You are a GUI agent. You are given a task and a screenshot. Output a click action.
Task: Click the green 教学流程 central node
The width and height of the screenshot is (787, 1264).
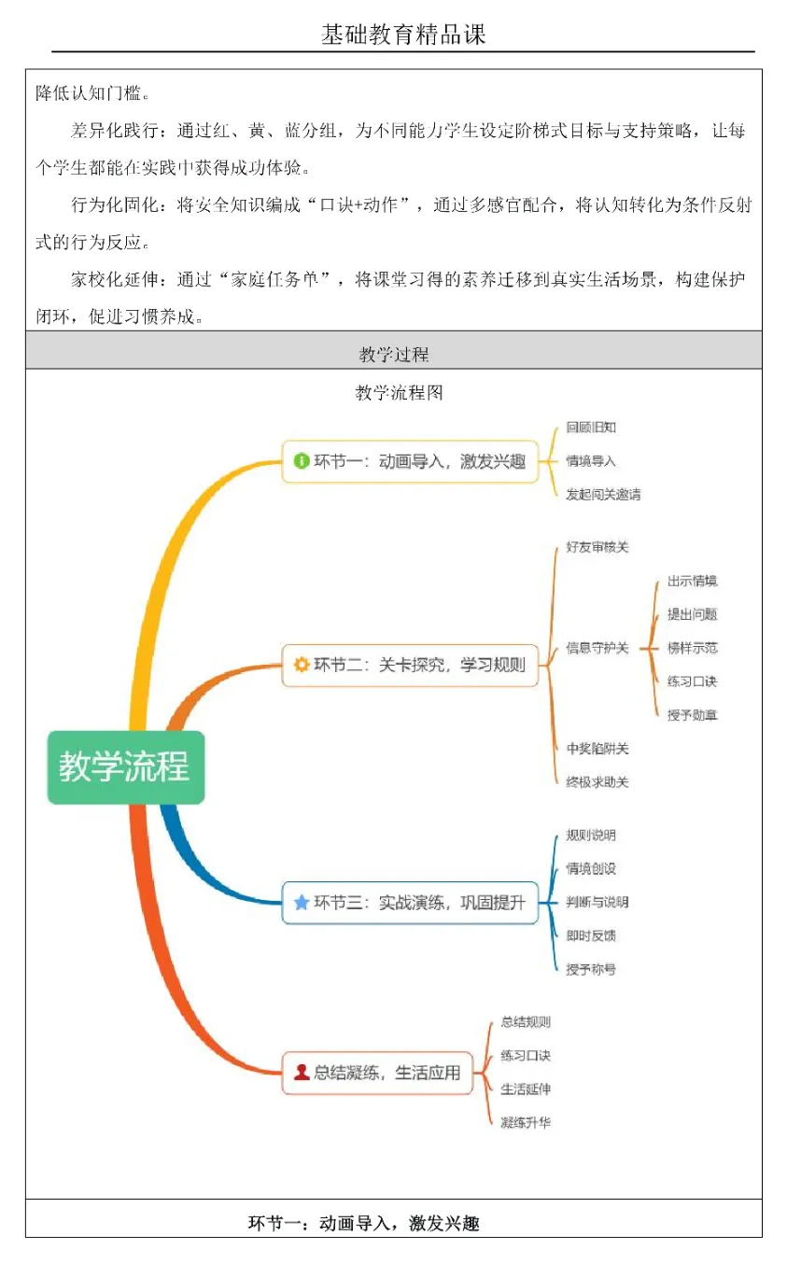(x=125, y=766)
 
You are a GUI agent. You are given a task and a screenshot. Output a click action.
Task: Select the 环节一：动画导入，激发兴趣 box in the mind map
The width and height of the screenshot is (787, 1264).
(x=411, y=461)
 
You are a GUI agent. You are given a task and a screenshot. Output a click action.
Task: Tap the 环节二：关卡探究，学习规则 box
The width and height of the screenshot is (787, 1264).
(x=411, y=666)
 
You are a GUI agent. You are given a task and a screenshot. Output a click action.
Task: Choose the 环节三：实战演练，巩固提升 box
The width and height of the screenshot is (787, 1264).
(x=411, y=903)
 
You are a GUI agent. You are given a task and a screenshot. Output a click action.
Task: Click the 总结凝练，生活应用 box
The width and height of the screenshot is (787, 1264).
(x=377, y=1073)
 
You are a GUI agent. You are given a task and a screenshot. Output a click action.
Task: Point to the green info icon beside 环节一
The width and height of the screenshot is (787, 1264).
(x=301, y=461)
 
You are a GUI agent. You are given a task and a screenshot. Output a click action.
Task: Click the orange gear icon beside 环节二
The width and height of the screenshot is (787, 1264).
(x=301, y=666)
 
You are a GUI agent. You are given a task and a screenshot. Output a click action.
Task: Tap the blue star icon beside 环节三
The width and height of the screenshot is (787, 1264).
(x=301, y=903)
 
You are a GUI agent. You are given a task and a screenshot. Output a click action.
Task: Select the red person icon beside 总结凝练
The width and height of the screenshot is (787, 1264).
(x=301, y=1073)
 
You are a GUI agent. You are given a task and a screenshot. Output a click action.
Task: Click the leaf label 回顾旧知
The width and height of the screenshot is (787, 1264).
(x=591, y=428)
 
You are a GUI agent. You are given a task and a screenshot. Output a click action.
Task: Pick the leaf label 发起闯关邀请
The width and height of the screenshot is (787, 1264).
(x=603, y=495)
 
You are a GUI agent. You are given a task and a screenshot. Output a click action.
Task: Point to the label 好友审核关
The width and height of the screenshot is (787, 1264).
(x=597, y=547)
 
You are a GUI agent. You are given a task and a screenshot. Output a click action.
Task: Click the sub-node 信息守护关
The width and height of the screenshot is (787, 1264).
(x=597, y=648)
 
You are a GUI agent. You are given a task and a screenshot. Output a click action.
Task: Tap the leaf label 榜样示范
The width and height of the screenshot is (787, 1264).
(x=692, y=648)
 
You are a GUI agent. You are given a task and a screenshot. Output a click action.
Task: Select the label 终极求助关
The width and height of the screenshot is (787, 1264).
(x=597, y=782)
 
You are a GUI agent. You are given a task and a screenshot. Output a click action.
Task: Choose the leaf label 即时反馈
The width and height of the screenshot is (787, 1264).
(x=591, y=935)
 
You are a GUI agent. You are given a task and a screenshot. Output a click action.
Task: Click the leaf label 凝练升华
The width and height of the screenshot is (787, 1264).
(x=526, y=1122)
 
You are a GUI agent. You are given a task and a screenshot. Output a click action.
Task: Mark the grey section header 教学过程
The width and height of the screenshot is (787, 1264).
(x=393, y=355)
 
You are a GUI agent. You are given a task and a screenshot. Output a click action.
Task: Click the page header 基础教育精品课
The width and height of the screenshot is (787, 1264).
(x=403, y=35)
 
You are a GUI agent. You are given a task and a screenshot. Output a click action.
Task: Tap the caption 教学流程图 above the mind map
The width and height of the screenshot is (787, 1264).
(x=399, y=393)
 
